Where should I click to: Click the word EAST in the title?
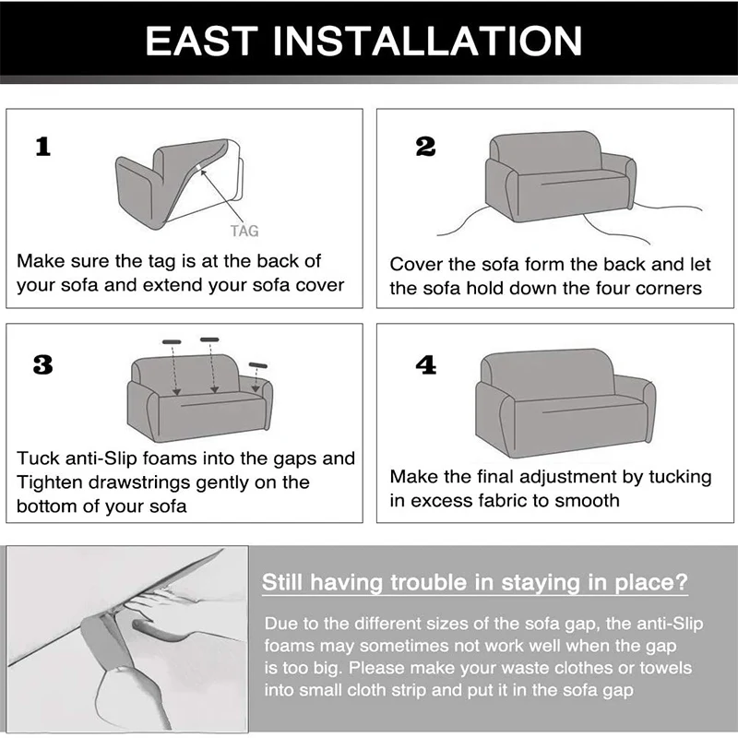click(201, 41)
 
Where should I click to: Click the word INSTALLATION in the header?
click(427, 41)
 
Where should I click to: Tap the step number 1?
click(43, 147)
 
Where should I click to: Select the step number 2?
click(425, 147)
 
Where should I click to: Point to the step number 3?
click(42, 364)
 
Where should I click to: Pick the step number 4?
click(426, 364)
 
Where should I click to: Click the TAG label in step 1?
click(244, 231)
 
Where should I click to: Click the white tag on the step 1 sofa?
click(199, 168)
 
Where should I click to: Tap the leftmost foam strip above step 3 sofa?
click(172, 341)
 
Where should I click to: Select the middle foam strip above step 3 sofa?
click(209, 339)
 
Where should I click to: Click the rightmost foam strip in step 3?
click(258, 365)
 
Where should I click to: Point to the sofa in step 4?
click(565, 402)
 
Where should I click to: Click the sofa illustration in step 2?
click(561, 176)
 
